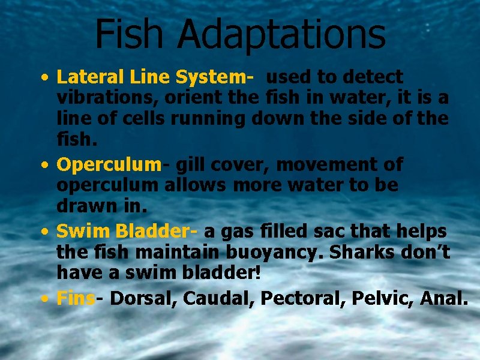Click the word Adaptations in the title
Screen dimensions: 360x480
pyautogui.click(x=281, y=35)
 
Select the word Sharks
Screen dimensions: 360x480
pyautogui.click(x=365, y=251)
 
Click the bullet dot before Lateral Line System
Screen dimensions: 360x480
pyautogui.click(x=46, y=78)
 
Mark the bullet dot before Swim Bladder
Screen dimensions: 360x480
pyautogui.click(x=46, y=232)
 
